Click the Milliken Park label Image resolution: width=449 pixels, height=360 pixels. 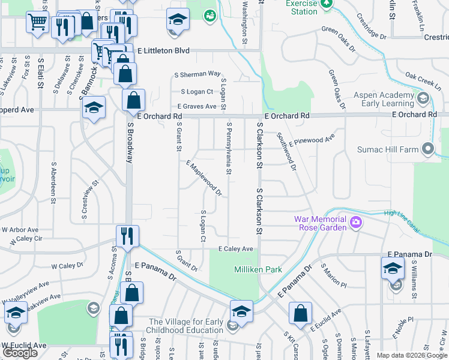coord(258,270)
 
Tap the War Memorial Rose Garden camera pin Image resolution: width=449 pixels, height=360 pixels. coord(356,223)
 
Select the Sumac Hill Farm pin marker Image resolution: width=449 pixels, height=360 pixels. coord(427,148)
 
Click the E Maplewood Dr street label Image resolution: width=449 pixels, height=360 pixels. coord(204,178)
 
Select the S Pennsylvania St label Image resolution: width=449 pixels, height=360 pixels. coord(229,148)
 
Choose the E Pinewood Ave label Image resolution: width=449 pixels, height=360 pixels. coord(312,141)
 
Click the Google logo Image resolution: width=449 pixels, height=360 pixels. coord(20,353)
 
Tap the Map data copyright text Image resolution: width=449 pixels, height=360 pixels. coord(412,355)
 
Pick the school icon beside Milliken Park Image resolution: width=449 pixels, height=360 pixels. coord(241,310)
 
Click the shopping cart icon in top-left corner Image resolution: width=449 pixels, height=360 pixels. coord(37,23)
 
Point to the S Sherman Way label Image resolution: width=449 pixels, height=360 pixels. coord(197,75)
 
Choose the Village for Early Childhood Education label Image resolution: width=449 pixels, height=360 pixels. coord(185,326)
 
